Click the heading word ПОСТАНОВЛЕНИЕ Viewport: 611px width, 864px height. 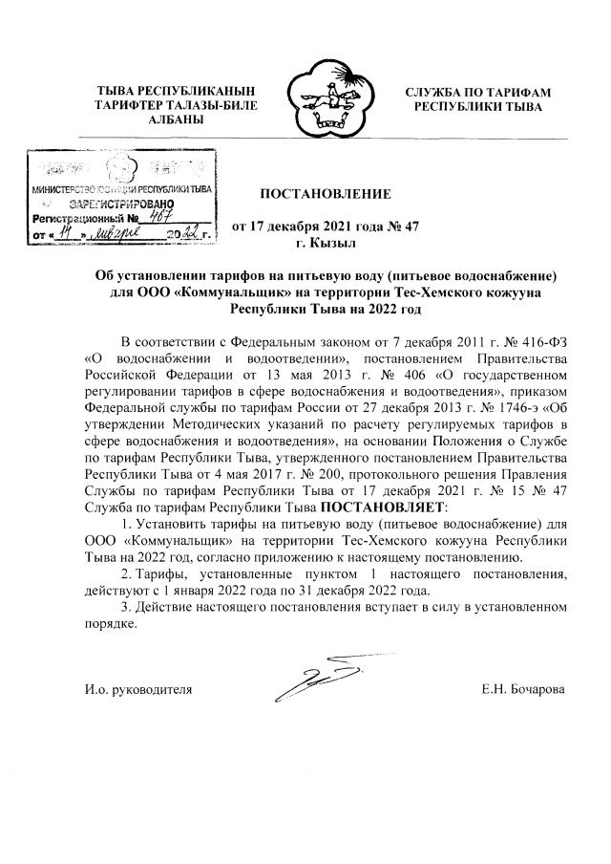click(x=325, y=194)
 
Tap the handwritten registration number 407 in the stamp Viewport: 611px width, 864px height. click(x=148, y=217)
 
